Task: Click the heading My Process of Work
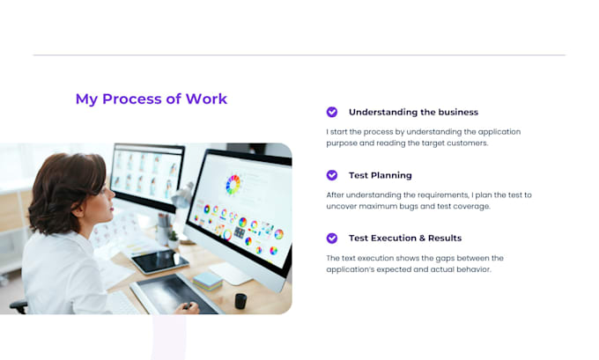click(x=152, y=99)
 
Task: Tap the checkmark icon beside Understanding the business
click(x=332, y=112)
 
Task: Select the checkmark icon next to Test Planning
click(x=332, y=175)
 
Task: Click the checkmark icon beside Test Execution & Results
click(x=332, y=239)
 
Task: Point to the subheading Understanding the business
click(x=413, y=113)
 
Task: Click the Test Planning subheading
click(x=381, y=175)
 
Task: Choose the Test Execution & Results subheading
click(x=405, y=239)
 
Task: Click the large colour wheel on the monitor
click(x=233, y=184)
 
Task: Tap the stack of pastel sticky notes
click(x=207, y=281)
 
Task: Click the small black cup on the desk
click(x=240, y=301)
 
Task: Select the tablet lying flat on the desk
click(x=159, y=261)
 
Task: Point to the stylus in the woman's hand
click(x=187, y=305)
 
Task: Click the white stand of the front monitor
click(x=231, y=272)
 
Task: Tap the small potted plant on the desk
click(x=174, y=239)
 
